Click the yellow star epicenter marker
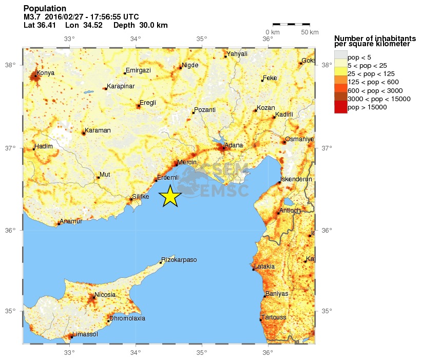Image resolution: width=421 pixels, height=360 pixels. pyautogui.click(x=170, y=196)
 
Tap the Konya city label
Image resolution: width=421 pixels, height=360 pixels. pyautogui.click(x=46, y=73)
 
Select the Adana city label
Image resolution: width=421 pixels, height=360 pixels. pyautogui.click(x=234, y=145)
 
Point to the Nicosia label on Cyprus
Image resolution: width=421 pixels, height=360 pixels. pyautogui.click(x=105, y=294)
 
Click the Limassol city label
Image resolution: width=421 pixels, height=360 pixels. pyautogui.click(x=85, y=334)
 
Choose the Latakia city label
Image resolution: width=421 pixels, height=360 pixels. pyautogui.click(x=264, y=267)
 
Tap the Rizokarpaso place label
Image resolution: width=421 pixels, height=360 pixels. pyautogui.click(x=179, y=260)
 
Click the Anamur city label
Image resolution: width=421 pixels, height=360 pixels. pyautogui.click(x=71, y=222)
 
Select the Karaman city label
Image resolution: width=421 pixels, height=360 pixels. pyautogui.click(x=98, y=130)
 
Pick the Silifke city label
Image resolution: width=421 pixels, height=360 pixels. pyautogui.click(x=141, y=197)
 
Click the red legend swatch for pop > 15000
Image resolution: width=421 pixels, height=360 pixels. pyautogui.click(x=340, y=107)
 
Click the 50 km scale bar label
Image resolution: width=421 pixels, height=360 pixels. pyautogui.click(x=310, y=32)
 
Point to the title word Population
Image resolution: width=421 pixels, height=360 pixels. pyautogui.click(x=45, y=9)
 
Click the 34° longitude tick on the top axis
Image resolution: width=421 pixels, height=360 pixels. pyautogui.click(x=136, y=39)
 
